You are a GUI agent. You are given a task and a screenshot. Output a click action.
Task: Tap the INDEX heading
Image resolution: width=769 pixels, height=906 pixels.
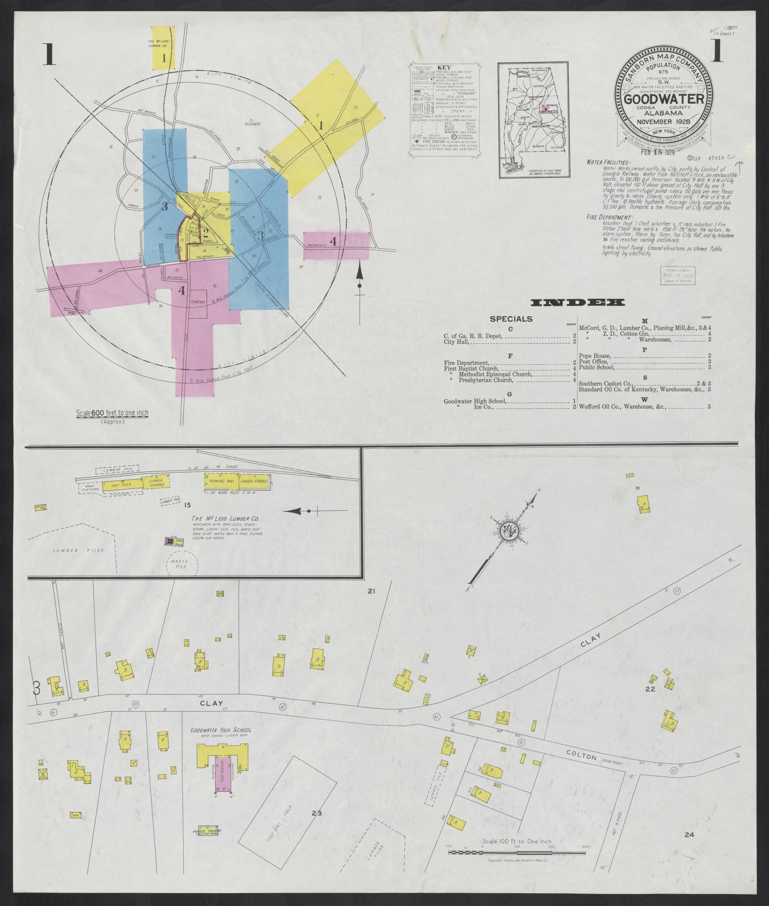[x=577, y=303]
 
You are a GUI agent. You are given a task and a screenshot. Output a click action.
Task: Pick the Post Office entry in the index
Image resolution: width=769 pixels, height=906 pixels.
[x=593, y=361]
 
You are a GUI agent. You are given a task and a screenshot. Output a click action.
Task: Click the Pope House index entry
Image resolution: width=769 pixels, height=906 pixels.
[x=594, y=355]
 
